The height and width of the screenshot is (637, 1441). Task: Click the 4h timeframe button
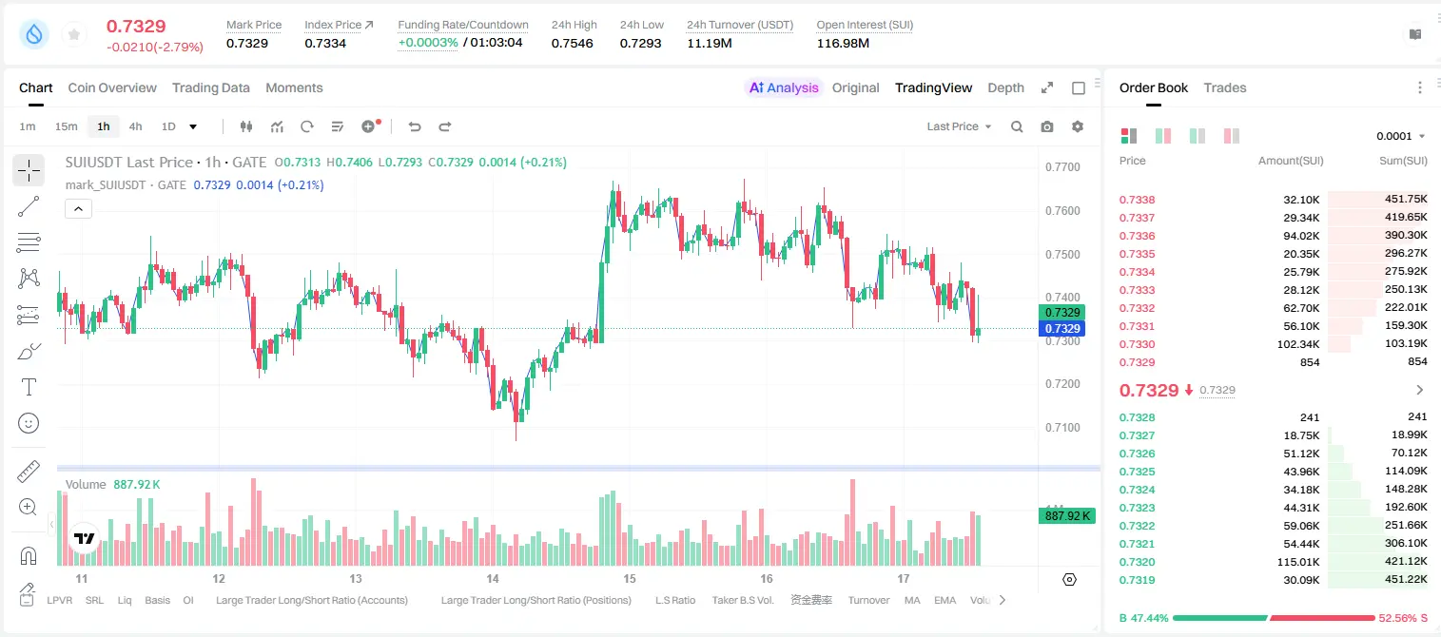click(x=135, y=126)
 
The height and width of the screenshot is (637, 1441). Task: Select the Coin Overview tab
click(x=112, y=87)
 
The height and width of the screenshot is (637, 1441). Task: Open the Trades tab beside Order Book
click(x=1225, y=87)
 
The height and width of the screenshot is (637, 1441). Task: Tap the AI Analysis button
click(x=784, y=87)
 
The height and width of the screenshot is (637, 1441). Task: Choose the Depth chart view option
click(x=1005, y=87)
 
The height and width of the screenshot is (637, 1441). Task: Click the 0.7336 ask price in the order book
click(x=1137, y=236)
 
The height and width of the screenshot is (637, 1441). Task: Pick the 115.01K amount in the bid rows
click(x=1298, y=562)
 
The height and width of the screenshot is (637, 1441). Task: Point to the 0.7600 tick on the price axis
click(x=1062, y=211)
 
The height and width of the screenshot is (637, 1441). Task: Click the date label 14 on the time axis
click(x=492, y=578)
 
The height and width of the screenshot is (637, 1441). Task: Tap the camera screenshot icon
click(x=1047, y=126)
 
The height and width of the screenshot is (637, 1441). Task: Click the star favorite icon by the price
click(x=74, y=34)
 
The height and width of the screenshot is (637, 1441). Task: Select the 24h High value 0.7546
click(x=572, y=43)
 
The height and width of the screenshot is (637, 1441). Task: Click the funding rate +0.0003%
click(x=428, y=43)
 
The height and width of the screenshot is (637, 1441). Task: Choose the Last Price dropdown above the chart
click(x=959, y=126)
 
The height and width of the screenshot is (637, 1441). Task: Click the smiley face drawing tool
click(x=29, y=423)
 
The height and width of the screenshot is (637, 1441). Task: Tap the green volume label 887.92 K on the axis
click(x=1066, y=515)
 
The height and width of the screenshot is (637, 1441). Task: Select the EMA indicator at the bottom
click(x=944, y=600)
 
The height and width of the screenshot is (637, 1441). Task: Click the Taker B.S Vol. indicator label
click(x=742, y=600)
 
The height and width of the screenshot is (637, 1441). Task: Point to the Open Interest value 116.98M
click(x=843, y=43)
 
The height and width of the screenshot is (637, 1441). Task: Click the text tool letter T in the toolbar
click(x=29, y=387)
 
